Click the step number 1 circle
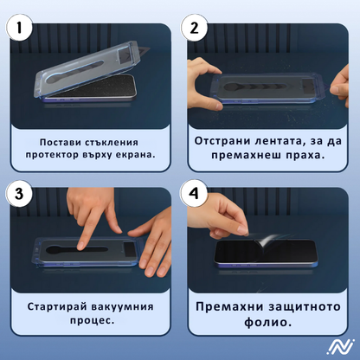pos(22,28)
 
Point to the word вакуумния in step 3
pos(130,305)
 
